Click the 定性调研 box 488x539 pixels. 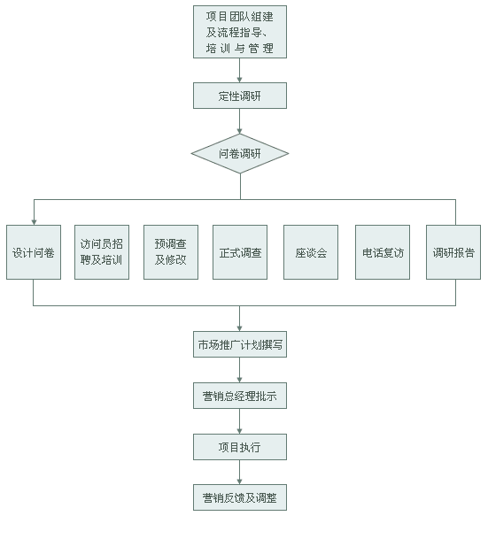(240, 96)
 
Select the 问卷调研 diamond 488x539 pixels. (240, 154)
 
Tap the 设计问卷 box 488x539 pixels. (34, 252)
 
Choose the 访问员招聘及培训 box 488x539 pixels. (102, 252)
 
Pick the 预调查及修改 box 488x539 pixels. (171, 252)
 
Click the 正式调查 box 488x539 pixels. (240, 252)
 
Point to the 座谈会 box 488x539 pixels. (311, 252)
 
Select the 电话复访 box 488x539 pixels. (383, 252)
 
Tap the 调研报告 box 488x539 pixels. (453, 252)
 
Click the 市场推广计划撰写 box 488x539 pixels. (240, 344)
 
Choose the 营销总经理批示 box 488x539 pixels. (240, 396)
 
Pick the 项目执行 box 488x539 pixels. (240, 447)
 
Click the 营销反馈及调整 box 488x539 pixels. (240, 497)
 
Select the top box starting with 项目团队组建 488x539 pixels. (240, 32)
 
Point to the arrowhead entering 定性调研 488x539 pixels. (240, 80)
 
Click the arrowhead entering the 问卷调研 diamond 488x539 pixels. (240, 131)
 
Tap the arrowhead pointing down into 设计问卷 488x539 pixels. (34, 222)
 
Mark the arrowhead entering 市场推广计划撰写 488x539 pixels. (240, 328)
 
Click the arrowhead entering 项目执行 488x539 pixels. (240, 431)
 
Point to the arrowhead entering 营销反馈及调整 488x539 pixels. (240, 481)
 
